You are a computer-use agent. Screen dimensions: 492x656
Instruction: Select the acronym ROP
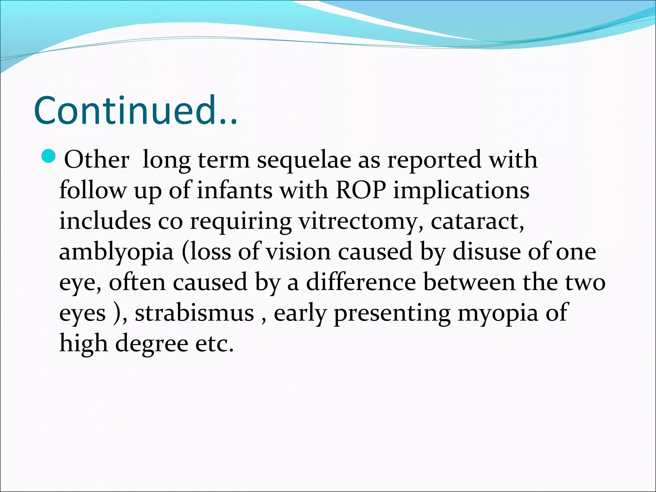tap(361, 190)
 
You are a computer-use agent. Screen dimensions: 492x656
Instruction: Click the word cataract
tap(477, 221)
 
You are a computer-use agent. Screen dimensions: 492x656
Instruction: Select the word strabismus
tap(194, 313)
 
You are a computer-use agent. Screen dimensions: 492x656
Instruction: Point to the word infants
tap(234, 190)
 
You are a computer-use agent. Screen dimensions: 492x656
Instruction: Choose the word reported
tap(434, 160)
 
